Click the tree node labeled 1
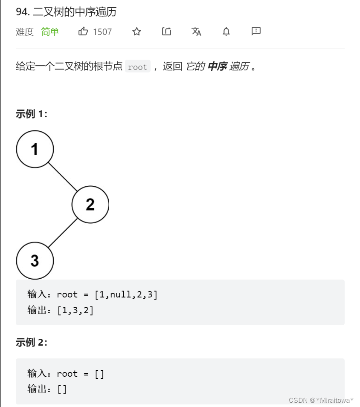[x=35, y=149]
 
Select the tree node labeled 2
[x=90, y=205]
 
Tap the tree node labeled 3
[x=35, y=260]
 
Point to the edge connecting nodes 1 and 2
[x=63, y=177]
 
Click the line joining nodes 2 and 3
[x=63, y=233]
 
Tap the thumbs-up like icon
[x=83, y=32]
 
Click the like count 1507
[x=102, y=32]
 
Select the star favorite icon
[x=136, y=32]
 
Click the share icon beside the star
[x=166, y=32]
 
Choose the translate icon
[x=196, y=32]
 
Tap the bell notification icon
[x=226, y=32]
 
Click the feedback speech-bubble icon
[x=256, y=31]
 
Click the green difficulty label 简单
[x=50, y=32]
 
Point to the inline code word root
[x=137, y=67]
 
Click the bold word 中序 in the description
[x=217, y=66]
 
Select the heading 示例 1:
[x=32, y=114]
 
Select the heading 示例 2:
[x=32, y=342]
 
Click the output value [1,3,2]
[x=75, y=310]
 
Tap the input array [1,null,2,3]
[x=126, y=294]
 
